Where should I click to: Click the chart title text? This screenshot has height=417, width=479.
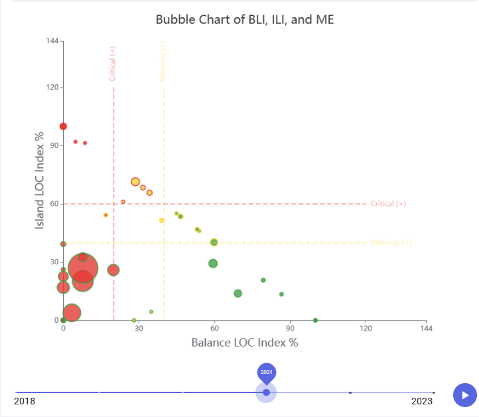coord(245,19)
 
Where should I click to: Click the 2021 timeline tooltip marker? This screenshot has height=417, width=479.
coord(266,373)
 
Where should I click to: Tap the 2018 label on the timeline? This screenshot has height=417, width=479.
coord(25,401)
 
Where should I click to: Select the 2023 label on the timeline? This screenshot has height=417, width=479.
coord(423,401)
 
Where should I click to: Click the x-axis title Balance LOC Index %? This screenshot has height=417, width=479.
coord(245,343)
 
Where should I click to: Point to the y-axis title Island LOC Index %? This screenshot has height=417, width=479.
coord(40,180)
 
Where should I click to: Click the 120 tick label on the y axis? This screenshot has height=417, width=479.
coord(50,87)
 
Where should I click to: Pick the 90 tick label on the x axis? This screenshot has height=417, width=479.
coord(290,329)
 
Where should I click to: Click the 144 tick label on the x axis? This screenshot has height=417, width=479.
coord(427,329)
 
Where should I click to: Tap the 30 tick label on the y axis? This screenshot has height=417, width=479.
coord(52,262)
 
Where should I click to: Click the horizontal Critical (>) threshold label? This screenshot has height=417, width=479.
coord(388,204)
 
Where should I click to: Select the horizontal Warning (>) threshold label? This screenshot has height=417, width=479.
coord(391,242)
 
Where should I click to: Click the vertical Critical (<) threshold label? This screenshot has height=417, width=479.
coord(113,64)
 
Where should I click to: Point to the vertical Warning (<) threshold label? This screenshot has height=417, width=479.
coord(164,61)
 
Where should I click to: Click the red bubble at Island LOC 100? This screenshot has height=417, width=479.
coord(64,126)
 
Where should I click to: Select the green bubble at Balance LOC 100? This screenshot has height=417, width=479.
coord(315,320)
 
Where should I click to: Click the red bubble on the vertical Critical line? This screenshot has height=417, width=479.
coord(113,270)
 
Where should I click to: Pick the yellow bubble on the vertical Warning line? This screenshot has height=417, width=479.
coord(162,220)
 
